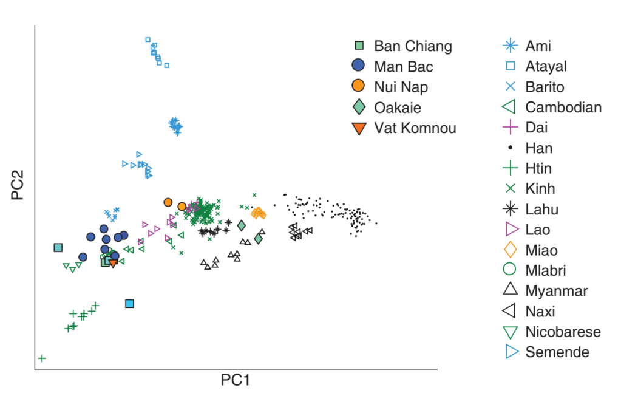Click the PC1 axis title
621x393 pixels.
[x=236, y=381]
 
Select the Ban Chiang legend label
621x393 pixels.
[x=413, y=46]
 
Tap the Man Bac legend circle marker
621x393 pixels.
[x=359, y=66]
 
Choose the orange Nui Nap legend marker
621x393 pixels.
[x=359, y=87]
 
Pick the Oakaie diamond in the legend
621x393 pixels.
[x=359, y=108]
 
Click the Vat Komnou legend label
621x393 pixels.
[x=415, y=128]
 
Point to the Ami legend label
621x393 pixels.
[x=538, y=46]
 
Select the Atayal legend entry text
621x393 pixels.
[x=546, y=66]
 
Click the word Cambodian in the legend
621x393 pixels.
[x=563, y=108]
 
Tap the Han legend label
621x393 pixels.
[x=539, y=148]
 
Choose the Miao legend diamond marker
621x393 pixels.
[x=511, y=250]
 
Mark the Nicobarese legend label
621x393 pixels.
[x=563, y=332]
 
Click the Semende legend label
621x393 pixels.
[x=557, y=352]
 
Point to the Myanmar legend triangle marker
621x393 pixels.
[x=511, y=291]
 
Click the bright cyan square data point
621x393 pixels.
[x=129, y=303]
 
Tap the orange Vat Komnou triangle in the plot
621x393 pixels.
[x=113, y=262]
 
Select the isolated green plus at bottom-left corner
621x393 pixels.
[x=42, y=358]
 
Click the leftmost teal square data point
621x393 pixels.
[x=58, y=247]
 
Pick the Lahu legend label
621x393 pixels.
[x=541, y=210]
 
